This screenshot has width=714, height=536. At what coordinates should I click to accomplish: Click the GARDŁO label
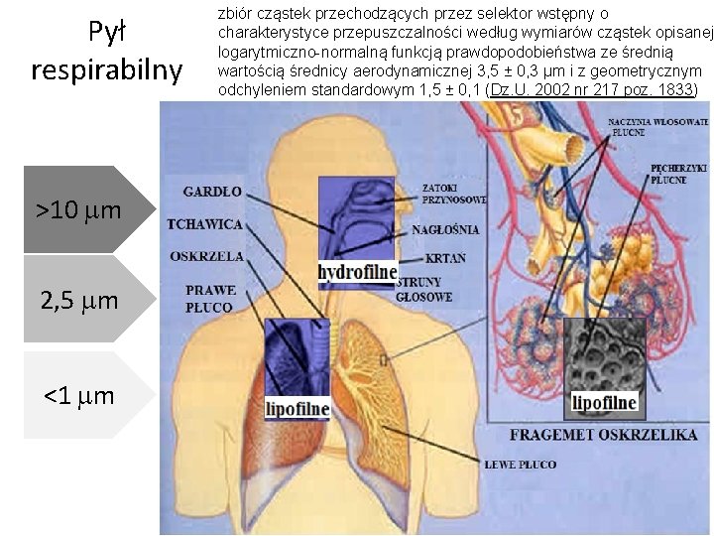point(212,192)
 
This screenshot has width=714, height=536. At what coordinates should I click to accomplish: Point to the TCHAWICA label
point(206,224)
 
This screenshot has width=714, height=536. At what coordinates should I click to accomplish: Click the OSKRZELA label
point(206,256)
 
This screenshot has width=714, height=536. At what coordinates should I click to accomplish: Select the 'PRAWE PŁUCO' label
point(209,299)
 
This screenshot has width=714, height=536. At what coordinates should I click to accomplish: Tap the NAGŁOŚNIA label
point(445,229)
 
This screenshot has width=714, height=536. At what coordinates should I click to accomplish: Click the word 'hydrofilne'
point(357,272)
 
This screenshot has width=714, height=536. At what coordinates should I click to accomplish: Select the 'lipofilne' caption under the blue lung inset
point(297,408)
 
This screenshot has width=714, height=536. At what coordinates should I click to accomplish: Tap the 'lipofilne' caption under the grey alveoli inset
point(604,403)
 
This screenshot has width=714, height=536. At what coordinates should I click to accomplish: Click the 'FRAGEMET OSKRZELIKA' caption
point(603,435)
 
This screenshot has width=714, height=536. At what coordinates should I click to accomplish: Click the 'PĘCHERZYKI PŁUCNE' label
point(678,174)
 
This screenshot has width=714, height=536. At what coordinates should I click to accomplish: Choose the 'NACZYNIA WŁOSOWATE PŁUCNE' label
point(657,126)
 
